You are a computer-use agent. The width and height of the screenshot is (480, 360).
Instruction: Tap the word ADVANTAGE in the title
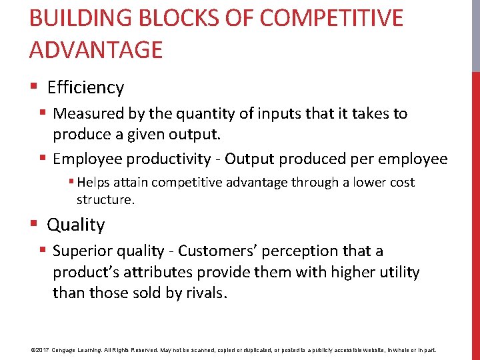point(96,50)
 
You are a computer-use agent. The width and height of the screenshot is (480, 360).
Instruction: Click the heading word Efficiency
point(85,87)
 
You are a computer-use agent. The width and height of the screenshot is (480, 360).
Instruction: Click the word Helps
point(94,183)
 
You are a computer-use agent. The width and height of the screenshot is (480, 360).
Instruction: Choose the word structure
point(105,199)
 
